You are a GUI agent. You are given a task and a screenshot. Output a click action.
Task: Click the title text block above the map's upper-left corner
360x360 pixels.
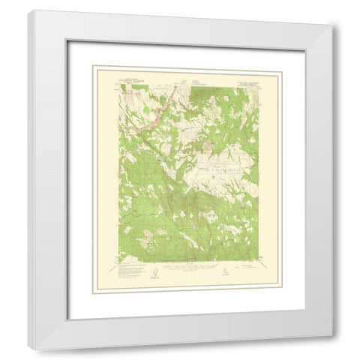click(134, 77)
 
